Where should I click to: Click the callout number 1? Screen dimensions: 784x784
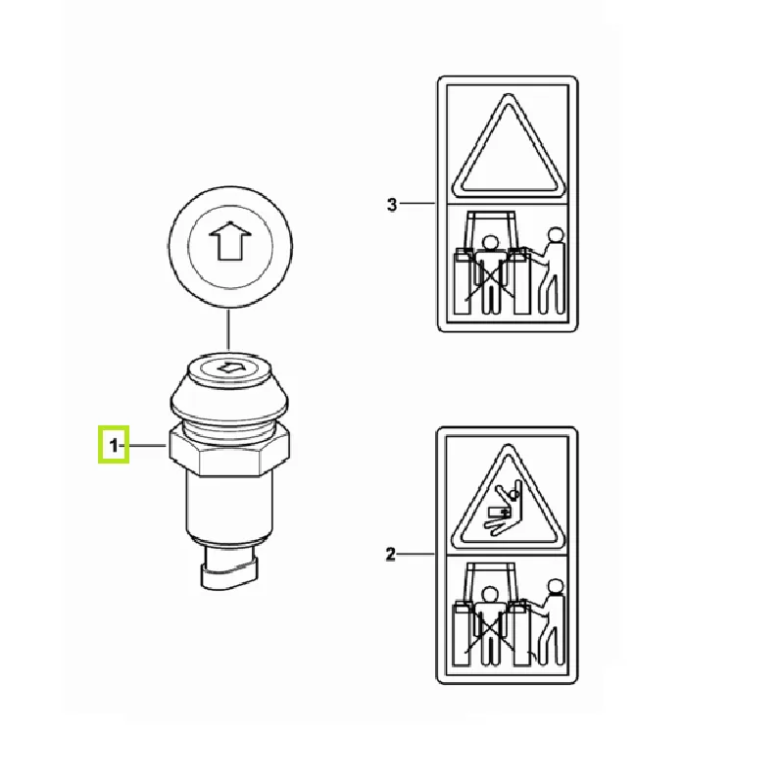coord(114,445)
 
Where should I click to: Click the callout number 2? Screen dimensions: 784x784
coord(390,555)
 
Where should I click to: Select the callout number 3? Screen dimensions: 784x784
coord(392,204)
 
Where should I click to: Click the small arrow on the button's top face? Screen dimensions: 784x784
coord(229,367)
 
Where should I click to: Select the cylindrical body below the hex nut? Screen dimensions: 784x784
coord(229,509)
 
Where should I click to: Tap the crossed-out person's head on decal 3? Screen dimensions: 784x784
coord(489,243)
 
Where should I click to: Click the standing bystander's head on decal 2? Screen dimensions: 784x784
coord(555,586)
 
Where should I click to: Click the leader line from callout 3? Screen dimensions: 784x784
coord(417,203)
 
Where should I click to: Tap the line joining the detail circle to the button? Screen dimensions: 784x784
coord(228,330)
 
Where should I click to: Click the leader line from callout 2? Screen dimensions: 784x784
coord(416,554)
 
